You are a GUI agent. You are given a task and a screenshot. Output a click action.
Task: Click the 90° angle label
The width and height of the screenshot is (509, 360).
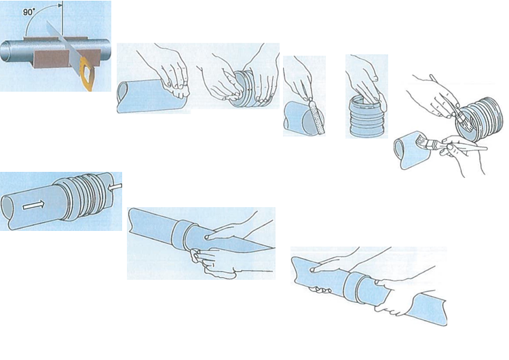click(x=29, y=12)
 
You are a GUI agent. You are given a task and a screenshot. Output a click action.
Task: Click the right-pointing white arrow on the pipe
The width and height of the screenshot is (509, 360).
click(x=33, y=204)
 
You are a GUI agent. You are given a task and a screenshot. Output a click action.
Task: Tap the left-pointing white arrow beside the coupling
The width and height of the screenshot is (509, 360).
click(x=115, y=187)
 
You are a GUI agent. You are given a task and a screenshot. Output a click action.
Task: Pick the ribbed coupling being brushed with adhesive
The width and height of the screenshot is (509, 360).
click(x=480, y=119)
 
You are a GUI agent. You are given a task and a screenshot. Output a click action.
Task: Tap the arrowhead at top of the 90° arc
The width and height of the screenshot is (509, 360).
click(x=60, y=5)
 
